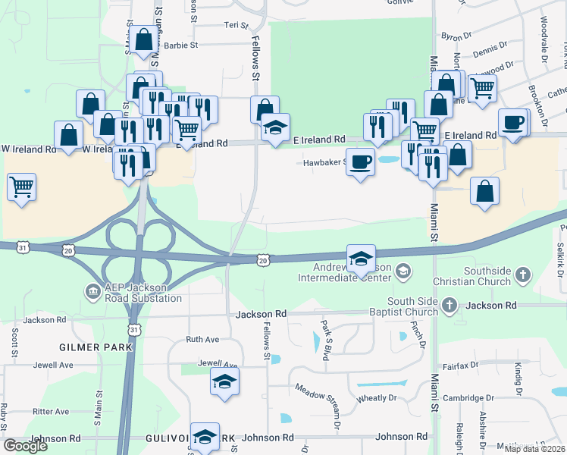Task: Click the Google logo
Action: [25, 446]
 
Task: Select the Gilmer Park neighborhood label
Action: [96, 347]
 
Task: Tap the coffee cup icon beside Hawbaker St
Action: [361, 162]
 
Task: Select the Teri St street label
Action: [232, 25]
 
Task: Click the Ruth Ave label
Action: [202, 340]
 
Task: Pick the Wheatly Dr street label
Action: [377, 397]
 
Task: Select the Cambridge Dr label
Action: [470, 397]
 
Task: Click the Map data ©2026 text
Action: [534, 449]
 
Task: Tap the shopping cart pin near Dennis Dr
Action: [482, 88]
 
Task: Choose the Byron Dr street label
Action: [456, 36]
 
